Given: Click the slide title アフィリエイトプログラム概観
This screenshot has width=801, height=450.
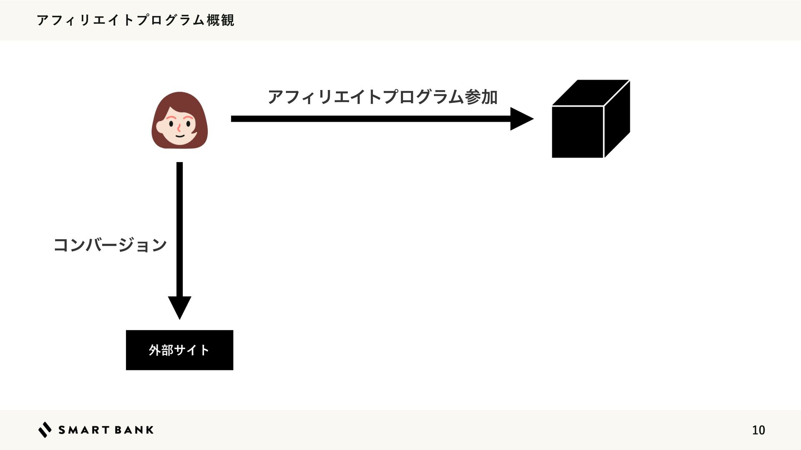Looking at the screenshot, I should [136, 20].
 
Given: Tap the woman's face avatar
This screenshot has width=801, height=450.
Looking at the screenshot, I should [179, 120].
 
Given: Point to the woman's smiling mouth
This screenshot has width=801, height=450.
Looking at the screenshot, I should [179, 135].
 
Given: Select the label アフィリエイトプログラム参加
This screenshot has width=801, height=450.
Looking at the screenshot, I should [383, 97].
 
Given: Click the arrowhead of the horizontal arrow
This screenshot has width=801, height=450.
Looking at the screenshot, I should [521, 119].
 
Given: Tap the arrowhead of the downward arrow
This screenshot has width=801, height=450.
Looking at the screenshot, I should [179, 307].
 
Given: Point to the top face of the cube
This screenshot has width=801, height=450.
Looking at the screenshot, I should [590, 92].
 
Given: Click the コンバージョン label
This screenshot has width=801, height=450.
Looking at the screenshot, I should [110, 245].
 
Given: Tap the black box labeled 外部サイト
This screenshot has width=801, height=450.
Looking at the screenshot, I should [179, 350].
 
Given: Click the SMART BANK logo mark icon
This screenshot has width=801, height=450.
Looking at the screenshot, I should [45, 430].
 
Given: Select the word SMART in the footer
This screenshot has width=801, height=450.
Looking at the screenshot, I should [84, 430].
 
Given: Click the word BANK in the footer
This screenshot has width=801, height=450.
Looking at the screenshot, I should [134, 430].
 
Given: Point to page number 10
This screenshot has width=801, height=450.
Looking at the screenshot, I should [758, 430].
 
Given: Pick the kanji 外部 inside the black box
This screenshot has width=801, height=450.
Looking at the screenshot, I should [161, 350].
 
